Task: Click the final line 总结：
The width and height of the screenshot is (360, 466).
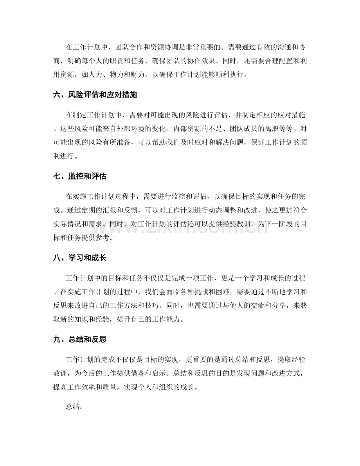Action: (74, 397)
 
